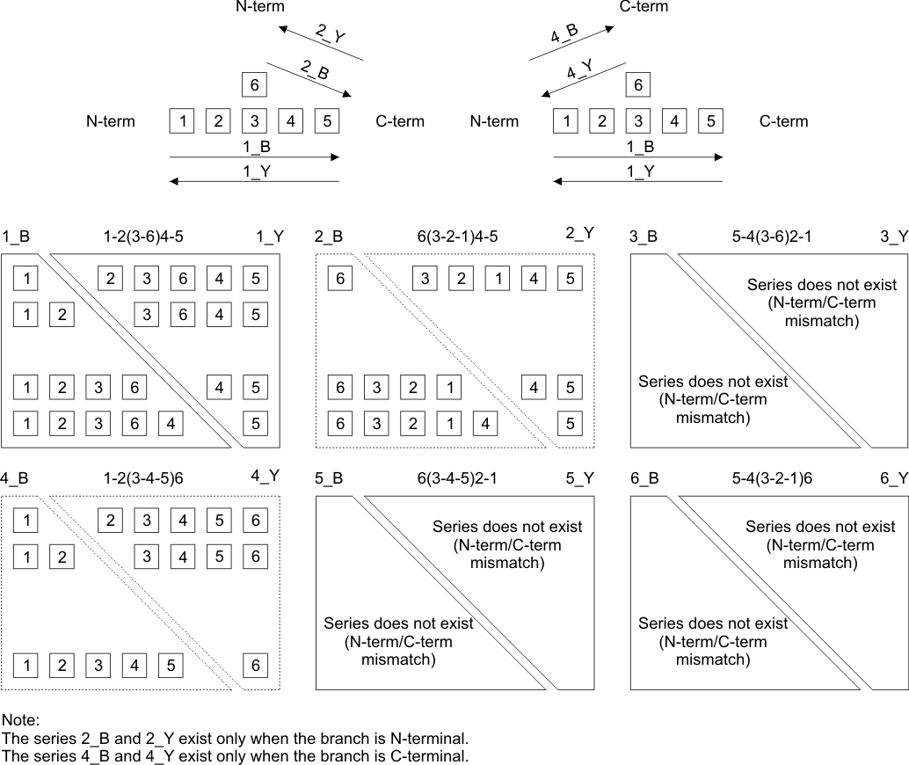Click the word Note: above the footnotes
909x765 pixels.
tap(21, 720)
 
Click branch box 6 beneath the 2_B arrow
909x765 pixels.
tap(254, 85)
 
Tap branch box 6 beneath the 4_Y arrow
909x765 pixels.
tap(637, 85)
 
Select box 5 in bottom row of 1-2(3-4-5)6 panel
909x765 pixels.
tap(171, 666)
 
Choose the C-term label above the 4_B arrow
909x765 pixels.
tap(644, 7)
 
